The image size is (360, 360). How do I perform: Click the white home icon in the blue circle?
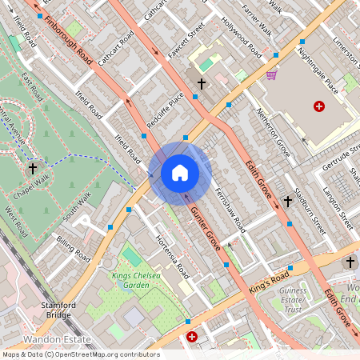(180, 172)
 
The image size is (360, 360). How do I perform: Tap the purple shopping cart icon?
(271, 75)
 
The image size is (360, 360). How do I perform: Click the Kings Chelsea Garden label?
(142, 280)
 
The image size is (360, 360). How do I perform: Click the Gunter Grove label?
(206, 230)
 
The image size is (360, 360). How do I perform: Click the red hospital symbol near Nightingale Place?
(319, 106)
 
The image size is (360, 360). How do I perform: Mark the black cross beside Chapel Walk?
(33, 169)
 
